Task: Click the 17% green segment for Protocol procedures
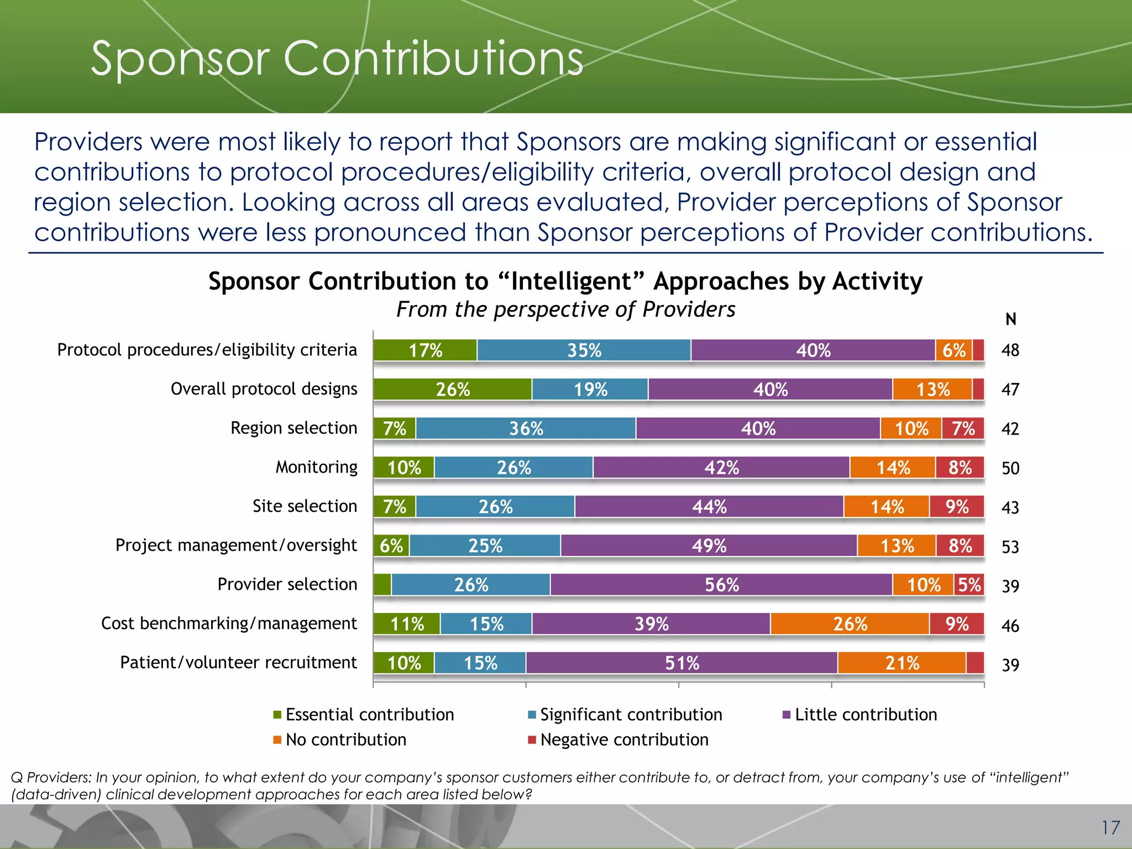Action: (x=424, y=350)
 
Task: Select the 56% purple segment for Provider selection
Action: (x=721, y=585)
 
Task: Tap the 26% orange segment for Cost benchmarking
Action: (x=850, y=624)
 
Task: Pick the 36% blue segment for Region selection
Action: (x=526, y=428)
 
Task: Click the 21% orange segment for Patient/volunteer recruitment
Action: (x=902, y=663)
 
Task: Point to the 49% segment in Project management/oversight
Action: (x=709, y=546)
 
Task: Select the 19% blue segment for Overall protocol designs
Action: (x=590, y=390)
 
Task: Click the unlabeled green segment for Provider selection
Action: (x=382, y=585)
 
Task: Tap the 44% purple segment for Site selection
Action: (x=709, y=506)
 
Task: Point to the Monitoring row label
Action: (x=316, y=467)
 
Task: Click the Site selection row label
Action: (x=305, y=506)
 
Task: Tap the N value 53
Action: (x=1010, y=547)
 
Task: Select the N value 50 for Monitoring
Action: (x=1010, y=468)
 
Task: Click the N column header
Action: (x=1010, y=319)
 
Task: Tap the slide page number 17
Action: (x=1110, y=827)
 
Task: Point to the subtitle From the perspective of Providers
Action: (x=565, y=310)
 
